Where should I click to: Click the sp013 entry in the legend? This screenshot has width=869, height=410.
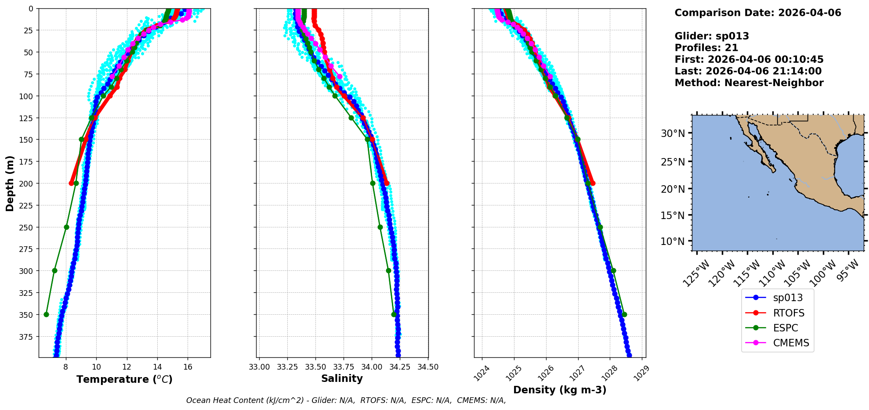787,298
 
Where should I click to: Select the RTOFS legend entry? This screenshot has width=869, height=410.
788,313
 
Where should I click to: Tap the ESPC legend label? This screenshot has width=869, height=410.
785,328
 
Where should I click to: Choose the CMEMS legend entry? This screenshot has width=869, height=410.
791,343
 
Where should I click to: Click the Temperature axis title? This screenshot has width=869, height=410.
124,379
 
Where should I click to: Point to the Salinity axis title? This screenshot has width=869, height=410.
342,378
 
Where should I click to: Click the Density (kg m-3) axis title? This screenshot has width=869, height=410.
560,390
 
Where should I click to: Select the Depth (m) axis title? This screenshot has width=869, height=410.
10,183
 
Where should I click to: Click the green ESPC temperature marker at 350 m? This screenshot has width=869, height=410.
46,314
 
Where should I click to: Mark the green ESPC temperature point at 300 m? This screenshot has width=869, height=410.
54,270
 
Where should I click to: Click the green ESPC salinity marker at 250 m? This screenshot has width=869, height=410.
380,227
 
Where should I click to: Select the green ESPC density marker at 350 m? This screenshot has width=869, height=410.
624,314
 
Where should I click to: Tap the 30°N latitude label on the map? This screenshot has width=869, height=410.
673,133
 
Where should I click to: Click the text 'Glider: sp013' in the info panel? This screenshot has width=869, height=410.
712,36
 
